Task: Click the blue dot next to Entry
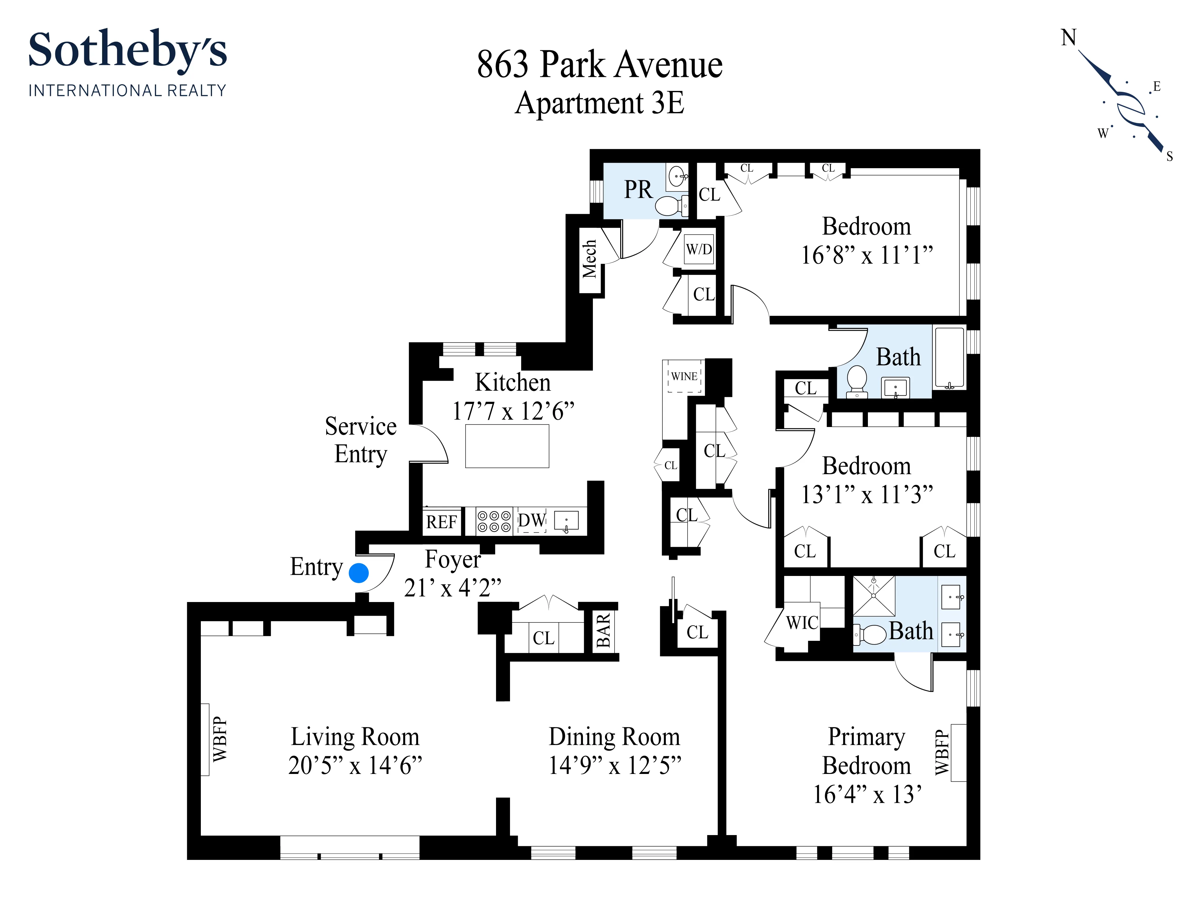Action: tap(359, 573)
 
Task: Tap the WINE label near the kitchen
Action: tap(684, 376)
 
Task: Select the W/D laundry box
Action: tap(699, 249)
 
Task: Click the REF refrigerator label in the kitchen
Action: tap(441, 522)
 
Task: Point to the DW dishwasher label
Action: tap(531, 520)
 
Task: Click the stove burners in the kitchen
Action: tap(494, 521)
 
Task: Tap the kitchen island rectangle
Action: tap(507, 446)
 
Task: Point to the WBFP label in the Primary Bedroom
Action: tap(942, 753)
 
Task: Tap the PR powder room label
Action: tap(638, 190)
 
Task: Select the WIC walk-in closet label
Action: tap(802, 623)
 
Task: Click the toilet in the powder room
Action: tap(670, 206)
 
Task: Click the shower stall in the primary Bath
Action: tap(873, 596)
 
